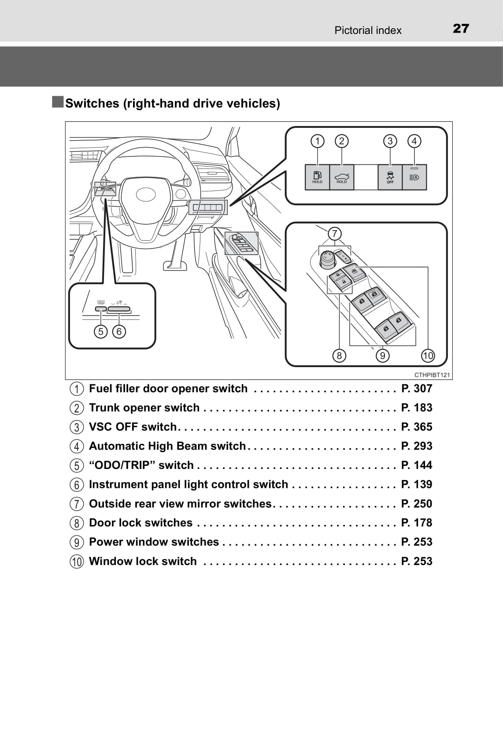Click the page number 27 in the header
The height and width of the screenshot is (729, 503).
click(x=461, y=29)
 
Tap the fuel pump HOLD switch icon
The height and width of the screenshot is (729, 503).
click(x=317, y=177)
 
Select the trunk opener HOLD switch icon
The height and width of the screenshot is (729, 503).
click(x=342, y=177)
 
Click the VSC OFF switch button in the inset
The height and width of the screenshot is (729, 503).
click(x=390, y=177)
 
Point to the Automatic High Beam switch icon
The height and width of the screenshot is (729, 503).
click(x=414, y=177)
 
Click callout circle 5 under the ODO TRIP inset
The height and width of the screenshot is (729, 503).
click(x=101, y=331)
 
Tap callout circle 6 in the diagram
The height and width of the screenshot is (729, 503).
click(x=119, y=331)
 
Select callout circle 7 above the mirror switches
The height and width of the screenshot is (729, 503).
click(x=335, y=234)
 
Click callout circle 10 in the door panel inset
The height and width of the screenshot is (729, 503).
click(x=428, y=355)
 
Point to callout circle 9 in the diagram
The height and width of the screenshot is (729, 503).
click(x=382, y=355)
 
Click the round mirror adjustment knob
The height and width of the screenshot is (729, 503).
click(x=326, y=259)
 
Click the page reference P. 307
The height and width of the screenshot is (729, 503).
click(x=417, y=388)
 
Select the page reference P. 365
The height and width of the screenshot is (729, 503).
click(x=417, y=427)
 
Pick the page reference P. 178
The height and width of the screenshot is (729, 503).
click(x=417, y=523)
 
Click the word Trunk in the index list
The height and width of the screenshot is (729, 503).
click(x=104, y=408)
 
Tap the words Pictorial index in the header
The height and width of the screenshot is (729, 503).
click(x=368, y=30)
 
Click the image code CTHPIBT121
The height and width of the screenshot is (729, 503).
click(x=432, y=375)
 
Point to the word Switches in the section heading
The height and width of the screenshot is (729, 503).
click(x=92, y=103)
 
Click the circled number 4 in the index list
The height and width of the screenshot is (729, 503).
click(x=77, y=446)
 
